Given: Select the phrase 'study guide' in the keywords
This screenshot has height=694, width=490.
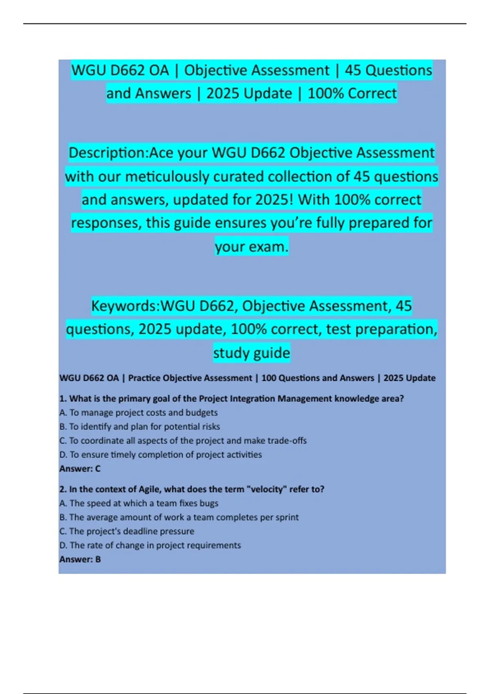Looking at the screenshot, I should coord(252,353).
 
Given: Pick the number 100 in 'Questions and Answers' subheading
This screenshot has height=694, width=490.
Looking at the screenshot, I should coord(269,378).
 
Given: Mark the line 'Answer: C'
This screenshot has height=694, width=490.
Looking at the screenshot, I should coord(80,469).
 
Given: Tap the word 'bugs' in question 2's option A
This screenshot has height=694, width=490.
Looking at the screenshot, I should coord(209,503).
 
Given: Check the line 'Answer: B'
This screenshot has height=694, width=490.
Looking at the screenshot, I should coord(80,559).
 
